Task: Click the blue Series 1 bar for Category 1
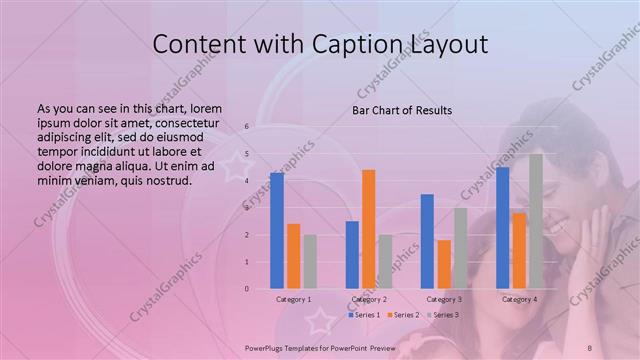click(277, 231)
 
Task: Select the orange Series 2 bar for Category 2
click(368, 229)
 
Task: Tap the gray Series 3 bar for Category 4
click(536, 221)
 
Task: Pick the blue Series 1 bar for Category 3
click(427, 241)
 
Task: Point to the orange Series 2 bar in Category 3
click(444, 264)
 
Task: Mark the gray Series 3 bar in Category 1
click(310, 262)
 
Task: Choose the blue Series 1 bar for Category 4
click(502, 228)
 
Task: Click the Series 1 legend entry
click(363, 315)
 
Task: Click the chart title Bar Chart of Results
click(402, 110)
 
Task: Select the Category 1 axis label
click(293, 299)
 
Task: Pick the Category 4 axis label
click(519, 299)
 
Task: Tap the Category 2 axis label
click(368, 299)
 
